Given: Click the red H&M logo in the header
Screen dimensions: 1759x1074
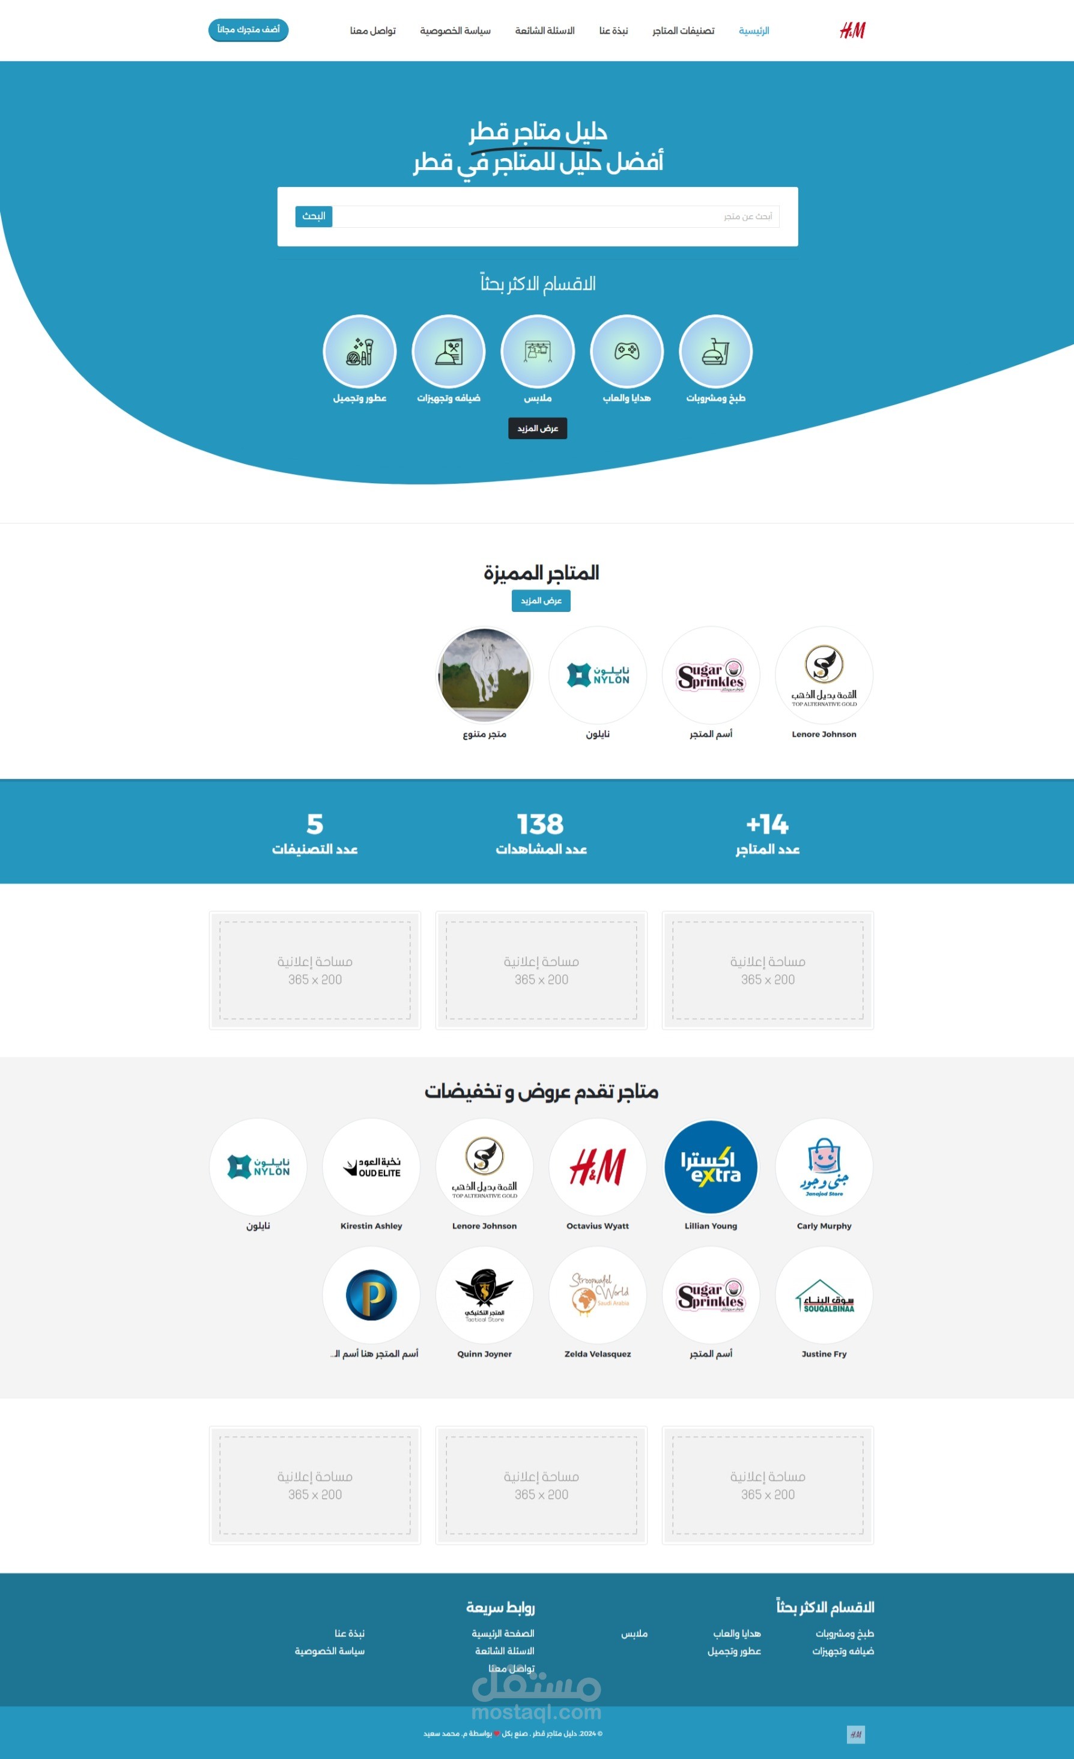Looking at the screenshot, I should (852, 31).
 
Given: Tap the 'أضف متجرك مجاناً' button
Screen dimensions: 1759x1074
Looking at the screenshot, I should (248, 30).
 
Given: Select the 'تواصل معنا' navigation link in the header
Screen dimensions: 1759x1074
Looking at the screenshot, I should (372, 31).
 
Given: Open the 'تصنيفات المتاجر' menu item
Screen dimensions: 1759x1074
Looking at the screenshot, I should (683, 31).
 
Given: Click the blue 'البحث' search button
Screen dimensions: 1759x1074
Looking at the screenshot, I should (314, 216).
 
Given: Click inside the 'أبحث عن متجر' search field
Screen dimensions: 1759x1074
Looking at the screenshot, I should (557, 216).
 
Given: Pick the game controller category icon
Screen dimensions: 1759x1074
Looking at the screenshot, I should (626, 351).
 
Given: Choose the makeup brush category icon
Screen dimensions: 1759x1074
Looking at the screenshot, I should (360, 351).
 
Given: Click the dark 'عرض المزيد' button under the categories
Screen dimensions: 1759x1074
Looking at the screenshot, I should (538, 428).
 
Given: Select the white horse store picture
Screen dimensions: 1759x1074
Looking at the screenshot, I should (485, 675).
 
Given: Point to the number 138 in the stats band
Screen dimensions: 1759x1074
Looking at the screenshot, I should (540, 824).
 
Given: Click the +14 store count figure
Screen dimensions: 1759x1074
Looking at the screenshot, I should (767, 824).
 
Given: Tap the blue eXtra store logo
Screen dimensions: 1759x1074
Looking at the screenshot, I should (710, 1166).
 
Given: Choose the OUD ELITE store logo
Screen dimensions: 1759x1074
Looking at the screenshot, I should (371, 1166).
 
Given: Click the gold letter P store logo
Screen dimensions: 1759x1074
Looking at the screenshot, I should (371, 1294).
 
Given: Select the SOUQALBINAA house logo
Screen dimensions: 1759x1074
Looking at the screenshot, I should (824, 1294).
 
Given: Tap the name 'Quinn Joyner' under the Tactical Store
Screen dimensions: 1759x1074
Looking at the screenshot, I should (485, 1353).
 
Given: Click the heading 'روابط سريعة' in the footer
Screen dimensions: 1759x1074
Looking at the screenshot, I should (500, 1607).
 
